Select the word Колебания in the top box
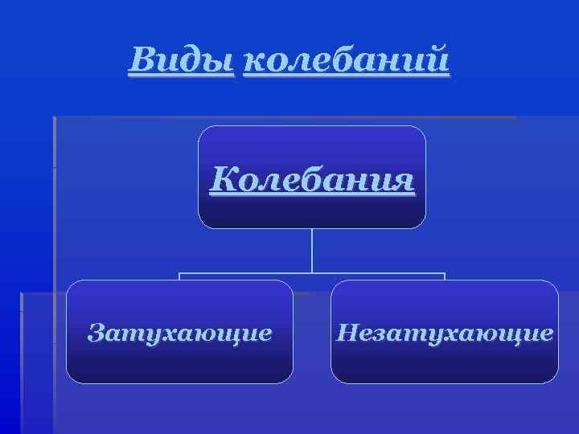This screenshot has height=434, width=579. pyautogui.click(x=312, y=179)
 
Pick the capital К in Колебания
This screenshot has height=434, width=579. pyautogui.click(x=223, y=179)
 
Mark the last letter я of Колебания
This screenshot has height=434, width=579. pyautogui.click(x=404, y=181)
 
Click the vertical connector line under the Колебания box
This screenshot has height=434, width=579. pyautogui.click(x=311, y=250)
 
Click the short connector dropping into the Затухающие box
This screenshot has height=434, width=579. pyautogui.click(x=179, y=276)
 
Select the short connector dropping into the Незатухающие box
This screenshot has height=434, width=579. pyautogui.click(x=444, y=276)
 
